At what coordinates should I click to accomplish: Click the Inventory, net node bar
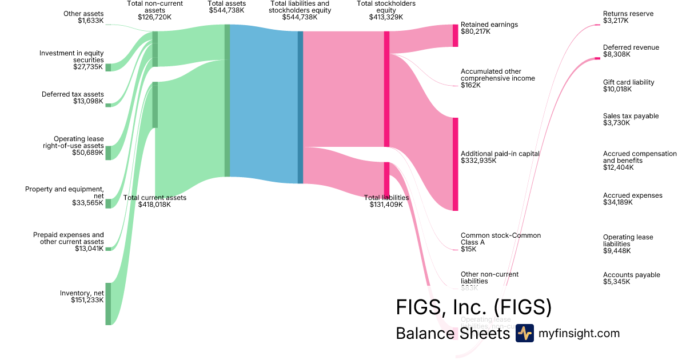click(x=108, y=303)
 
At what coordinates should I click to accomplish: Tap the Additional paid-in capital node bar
click(x=456, y=164)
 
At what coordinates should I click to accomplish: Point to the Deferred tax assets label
click(x=73, y=98)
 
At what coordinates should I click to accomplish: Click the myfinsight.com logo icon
click(x=524, y=333)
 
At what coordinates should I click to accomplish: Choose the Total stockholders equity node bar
click(x=386, y=89)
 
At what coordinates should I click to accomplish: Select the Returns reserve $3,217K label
click(x=628, y=17)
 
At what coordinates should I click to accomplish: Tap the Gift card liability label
click(x=628, y=86)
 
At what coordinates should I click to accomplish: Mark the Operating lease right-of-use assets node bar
click(x=108, y=153)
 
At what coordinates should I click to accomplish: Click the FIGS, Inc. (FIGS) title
click(x=473, y=307)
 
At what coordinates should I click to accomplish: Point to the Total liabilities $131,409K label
click(x=386, y=201)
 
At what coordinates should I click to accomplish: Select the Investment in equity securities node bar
click(x=108, y=67)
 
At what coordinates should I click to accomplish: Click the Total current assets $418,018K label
click(x=147, y=201)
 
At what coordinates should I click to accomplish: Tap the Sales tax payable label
click(x=631, y=119)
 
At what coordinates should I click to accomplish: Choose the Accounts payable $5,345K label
click(x=631, y=278)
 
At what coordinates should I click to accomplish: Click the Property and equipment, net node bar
click(x=108, y=203)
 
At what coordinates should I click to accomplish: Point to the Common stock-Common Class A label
click(x=500, y=242)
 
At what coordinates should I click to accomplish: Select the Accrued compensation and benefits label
click(x=639, y=161)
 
